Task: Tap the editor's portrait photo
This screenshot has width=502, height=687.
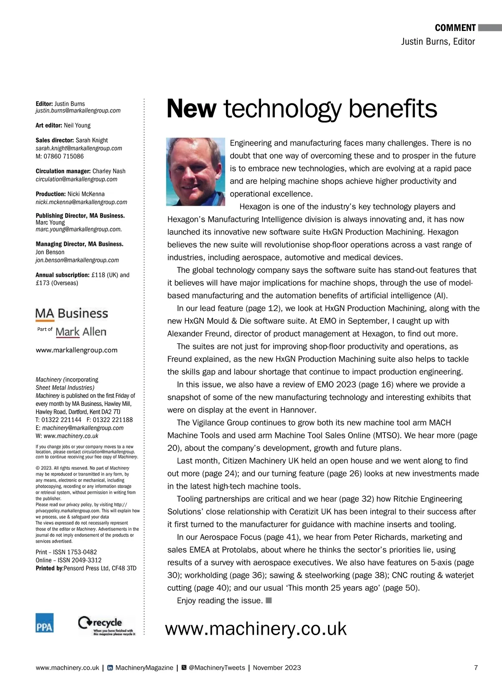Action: (196, 172)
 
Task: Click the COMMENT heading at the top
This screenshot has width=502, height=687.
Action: (455, 28)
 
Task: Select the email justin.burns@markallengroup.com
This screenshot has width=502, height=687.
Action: (78, 111)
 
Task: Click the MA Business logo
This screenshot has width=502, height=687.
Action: (72, 313)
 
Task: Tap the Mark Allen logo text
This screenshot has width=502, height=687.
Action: (81, 332)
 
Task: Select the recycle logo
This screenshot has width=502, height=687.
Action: (107, 625)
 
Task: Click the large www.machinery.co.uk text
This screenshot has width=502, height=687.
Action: (256, 628)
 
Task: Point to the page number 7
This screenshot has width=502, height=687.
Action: (476, 667)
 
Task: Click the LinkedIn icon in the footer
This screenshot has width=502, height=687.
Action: (110, 667)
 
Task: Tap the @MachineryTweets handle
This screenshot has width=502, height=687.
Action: (217, 667)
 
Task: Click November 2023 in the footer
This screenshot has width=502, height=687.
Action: (277, 667)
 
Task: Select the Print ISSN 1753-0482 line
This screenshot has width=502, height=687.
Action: (66, 552)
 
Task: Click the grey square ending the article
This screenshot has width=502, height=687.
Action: (269, 600)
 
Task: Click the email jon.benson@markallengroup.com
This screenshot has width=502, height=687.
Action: (77, 260)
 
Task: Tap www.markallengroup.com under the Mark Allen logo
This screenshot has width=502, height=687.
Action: (77, 350)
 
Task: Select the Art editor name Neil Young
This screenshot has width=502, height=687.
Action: (77, 126)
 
